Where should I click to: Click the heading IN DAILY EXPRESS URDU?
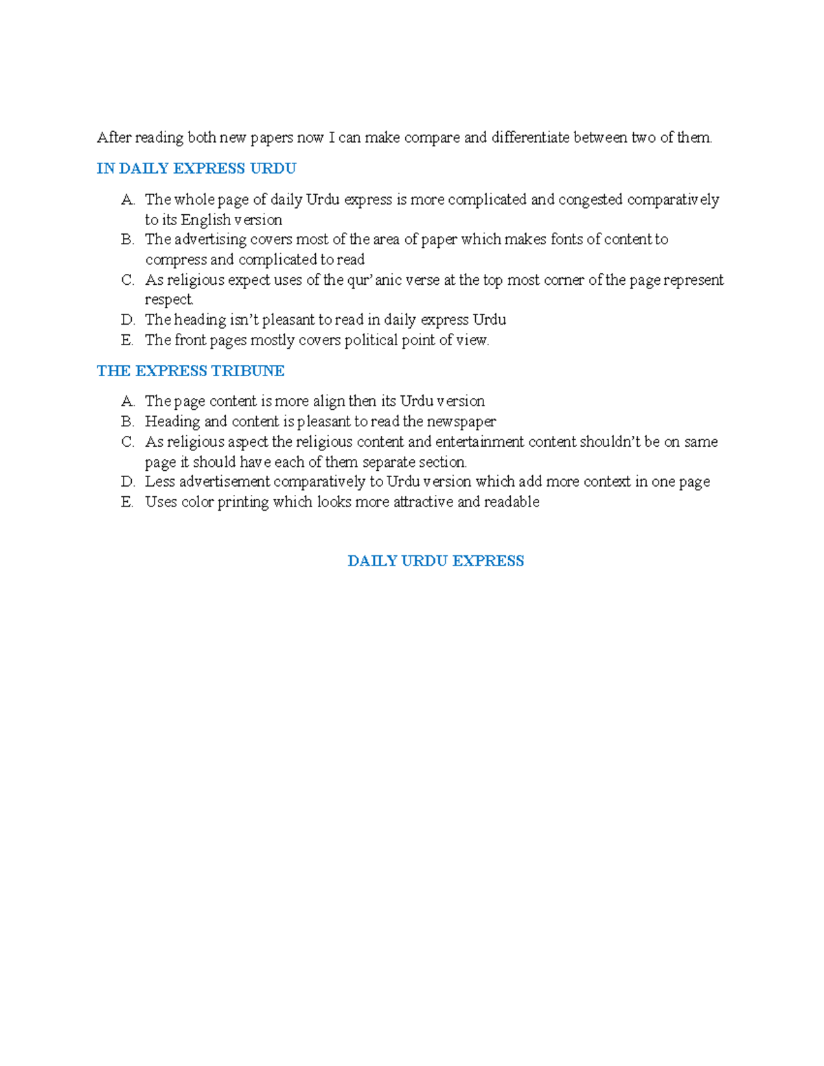196,169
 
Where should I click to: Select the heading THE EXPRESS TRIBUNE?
190,371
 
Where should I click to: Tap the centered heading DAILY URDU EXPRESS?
435,561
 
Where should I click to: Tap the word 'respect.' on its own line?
169,300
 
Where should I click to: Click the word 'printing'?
243,502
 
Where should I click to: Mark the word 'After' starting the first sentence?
113,138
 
